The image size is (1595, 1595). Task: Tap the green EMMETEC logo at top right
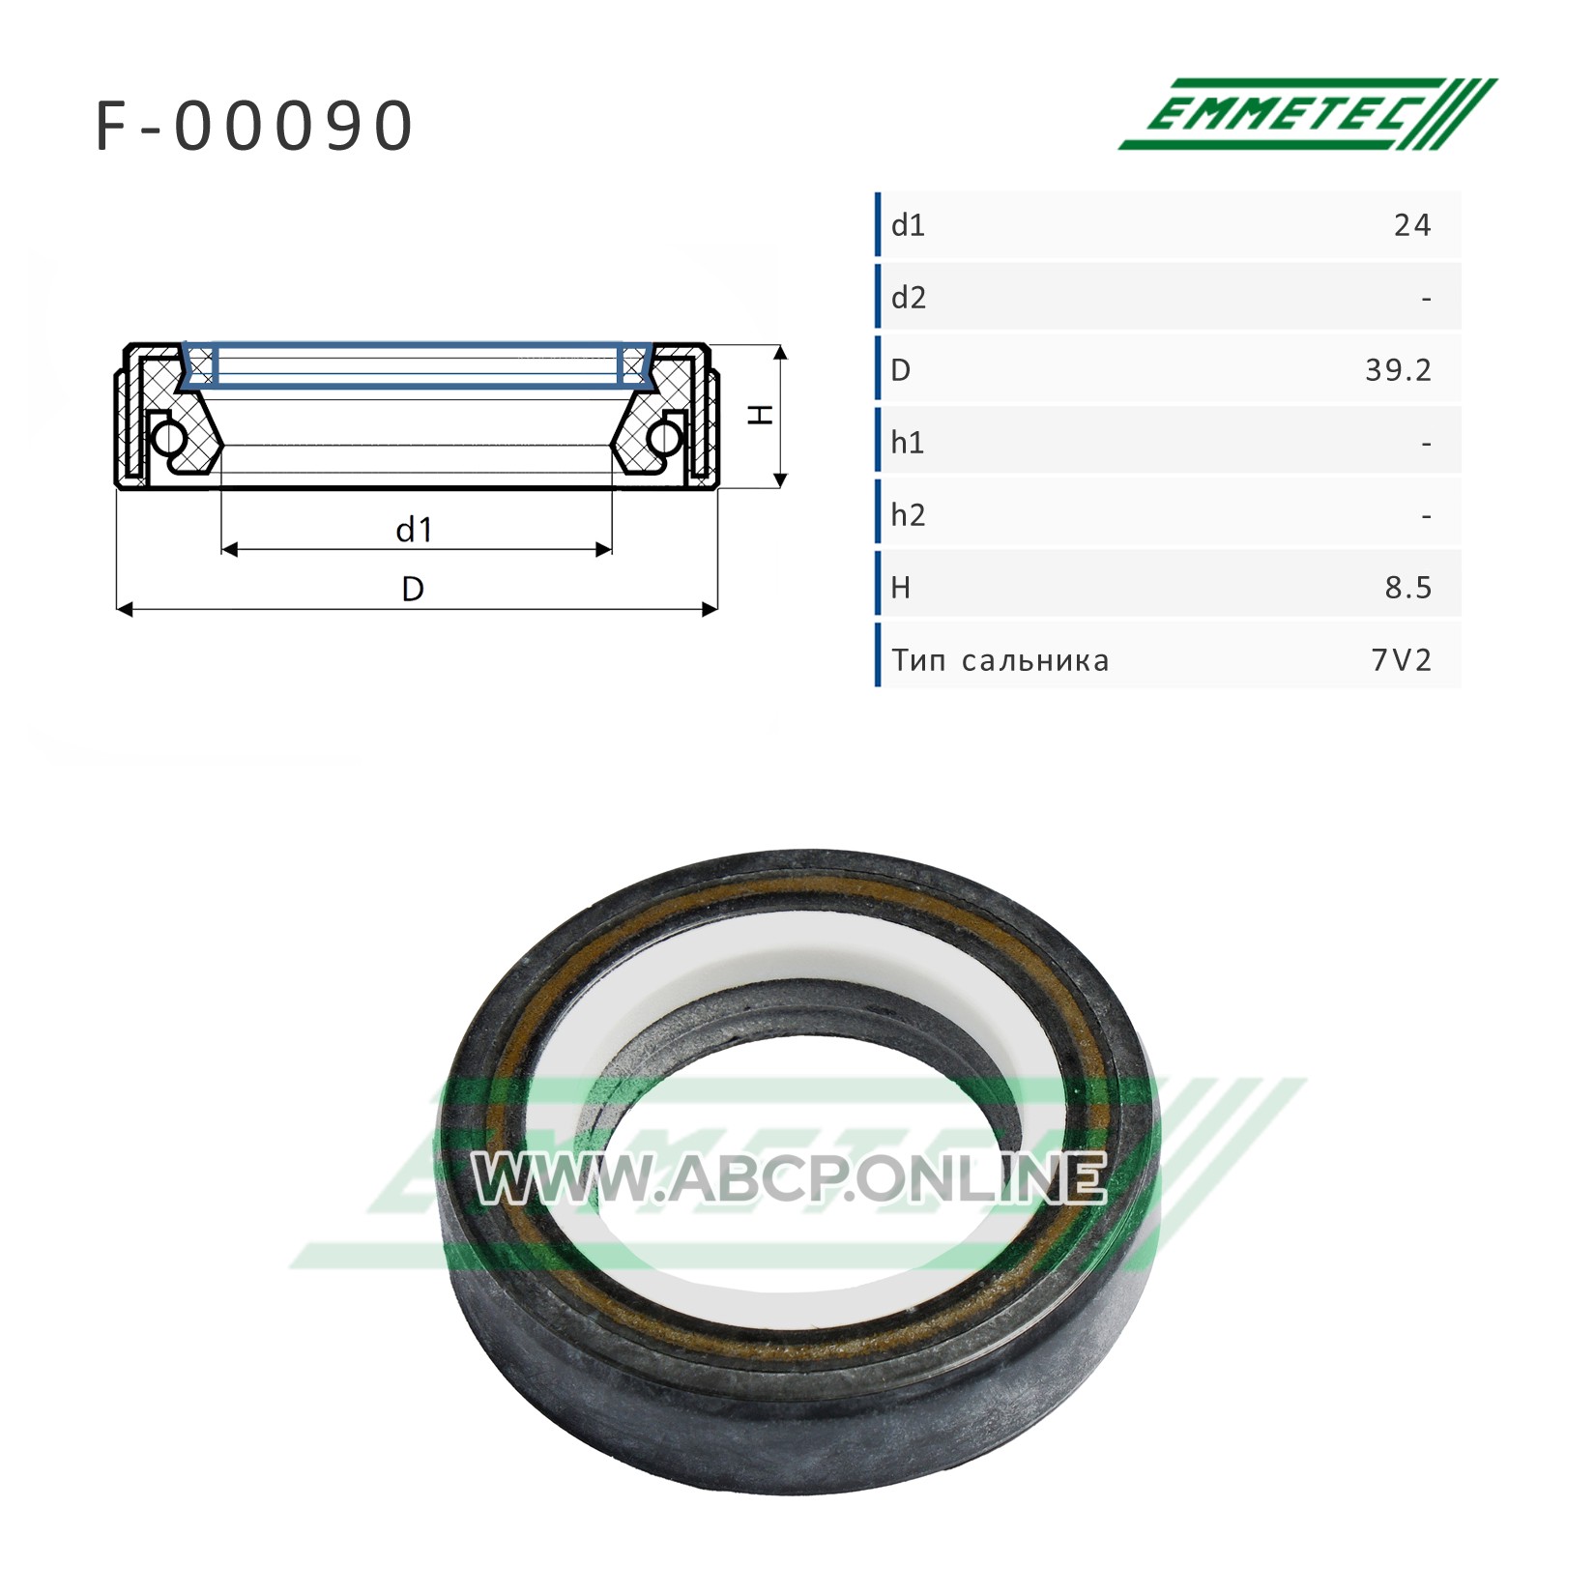[x=1308, y=114]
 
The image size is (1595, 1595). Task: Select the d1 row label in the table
[x=908, y=225]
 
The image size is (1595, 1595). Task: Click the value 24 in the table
[x=1412, y=225]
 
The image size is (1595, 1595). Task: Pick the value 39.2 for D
[x=1399, y=370]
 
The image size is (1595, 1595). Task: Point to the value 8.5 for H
[x=1408, y=588]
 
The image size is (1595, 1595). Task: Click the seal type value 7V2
[x=1401, y=660]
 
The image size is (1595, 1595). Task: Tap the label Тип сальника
[x=1000, y=661]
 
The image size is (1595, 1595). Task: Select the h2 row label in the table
[x=908, y=515]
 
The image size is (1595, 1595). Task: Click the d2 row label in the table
[x=908, y=298]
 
